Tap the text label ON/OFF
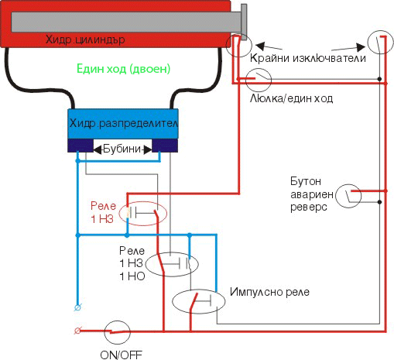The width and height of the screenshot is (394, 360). (121, 355)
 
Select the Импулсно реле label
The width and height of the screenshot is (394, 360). (269, 292)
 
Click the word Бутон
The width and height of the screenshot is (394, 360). (306, 181)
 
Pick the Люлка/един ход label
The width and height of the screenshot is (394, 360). (291, 98)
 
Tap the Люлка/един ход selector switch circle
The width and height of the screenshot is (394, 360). (259, 69)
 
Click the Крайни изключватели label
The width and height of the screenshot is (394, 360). (308, 58)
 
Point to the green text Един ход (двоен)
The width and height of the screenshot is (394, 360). (124, 69)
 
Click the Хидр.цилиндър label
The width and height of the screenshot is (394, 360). (85, 39)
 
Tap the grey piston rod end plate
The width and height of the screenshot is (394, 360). (244, 22)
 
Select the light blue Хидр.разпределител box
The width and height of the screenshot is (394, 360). (123, 124)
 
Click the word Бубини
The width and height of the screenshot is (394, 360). (122, 149)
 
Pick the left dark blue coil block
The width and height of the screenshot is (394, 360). (81, 146)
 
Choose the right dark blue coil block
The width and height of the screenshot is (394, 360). (165, 146)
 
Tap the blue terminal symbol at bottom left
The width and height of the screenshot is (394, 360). (77, 307)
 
